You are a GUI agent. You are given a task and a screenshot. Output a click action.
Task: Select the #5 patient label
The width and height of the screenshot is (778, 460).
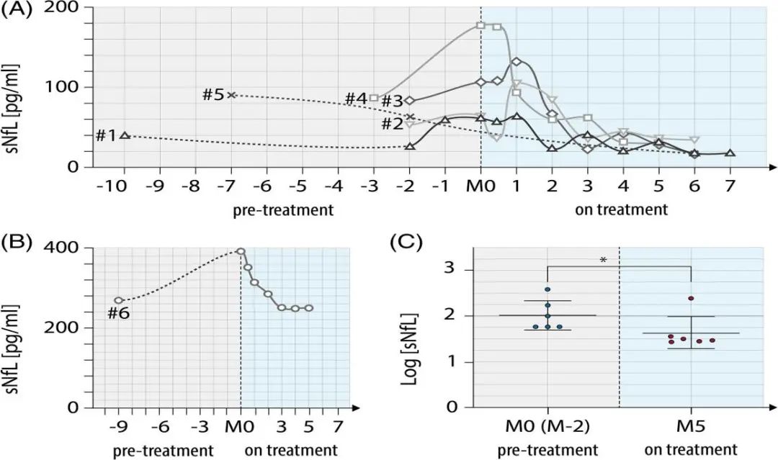(213, 95)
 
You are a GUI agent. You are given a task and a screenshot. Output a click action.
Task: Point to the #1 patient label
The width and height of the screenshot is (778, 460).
(105, 135)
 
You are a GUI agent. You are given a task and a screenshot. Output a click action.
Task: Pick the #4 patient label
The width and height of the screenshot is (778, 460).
(356, 99)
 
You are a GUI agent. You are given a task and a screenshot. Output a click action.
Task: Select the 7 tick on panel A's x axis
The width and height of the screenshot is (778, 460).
(730, 187)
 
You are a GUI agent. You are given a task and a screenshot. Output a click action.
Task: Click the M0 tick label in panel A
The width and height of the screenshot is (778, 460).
(480, 187)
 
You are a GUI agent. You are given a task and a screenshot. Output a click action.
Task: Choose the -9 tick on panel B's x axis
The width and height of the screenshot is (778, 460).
(118, 427)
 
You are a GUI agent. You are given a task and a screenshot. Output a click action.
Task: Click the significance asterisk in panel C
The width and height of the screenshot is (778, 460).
(602, 259)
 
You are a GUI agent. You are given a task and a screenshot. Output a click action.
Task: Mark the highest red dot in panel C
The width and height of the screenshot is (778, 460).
(691, 298)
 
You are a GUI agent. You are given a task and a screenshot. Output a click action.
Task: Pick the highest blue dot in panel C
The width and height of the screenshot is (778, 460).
(547, 290)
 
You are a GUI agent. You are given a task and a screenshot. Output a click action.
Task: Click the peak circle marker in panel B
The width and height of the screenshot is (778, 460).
(241, 251)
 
